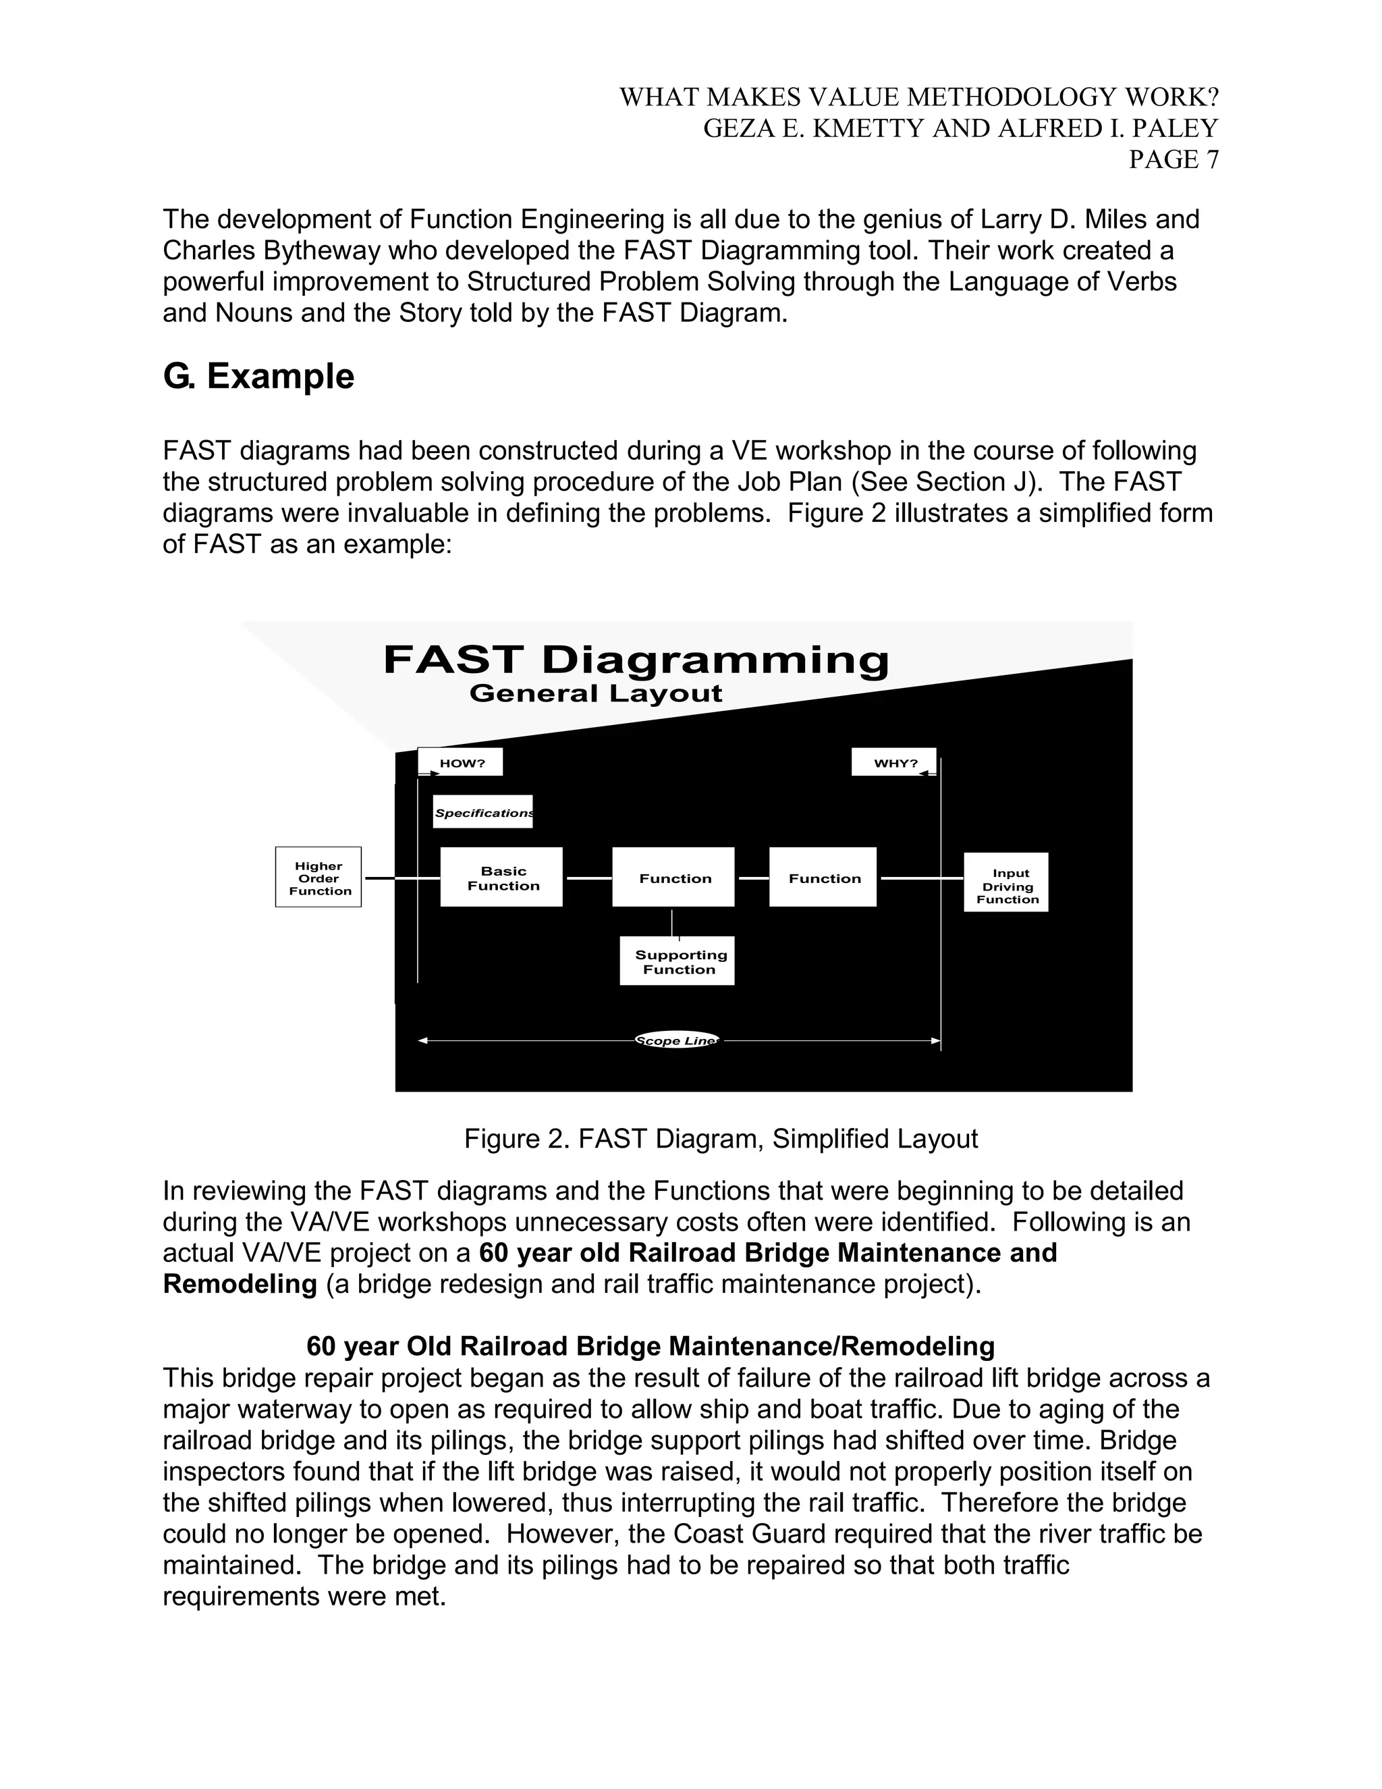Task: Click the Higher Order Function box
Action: click(318, 878)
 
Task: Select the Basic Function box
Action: click(501, 878)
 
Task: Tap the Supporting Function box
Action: click(677, 961)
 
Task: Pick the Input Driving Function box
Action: click(1006, 882)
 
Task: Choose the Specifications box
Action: click(483, 811)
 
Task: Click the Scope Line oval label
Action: click(677, 1040)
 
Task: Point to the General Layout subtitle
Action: click(595, 693)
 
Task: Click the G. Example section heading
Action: click(258, 376)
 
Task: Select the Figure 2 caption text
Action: click(721, 1139)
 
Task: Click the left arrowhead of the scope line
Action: click(422, 1040)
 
